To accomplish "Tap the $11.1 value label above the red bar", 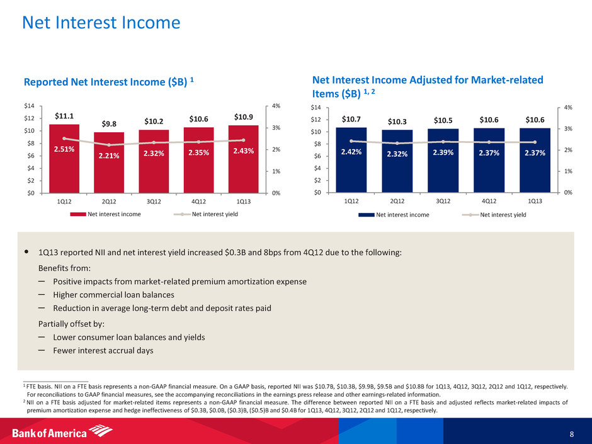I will coord(64,116).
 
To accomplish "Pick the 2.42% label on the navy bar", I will coord(351,152).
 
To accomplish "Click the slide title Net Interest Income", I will coord(101,23).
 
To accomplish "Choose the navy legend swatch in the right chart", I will coord(367,214).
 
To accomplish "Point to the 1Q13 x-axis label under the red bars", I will coord(244,202).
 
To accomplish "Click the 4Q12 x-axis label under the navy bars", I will coord(489,202).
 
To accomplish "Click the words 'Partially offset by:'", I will coord(71,324).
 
